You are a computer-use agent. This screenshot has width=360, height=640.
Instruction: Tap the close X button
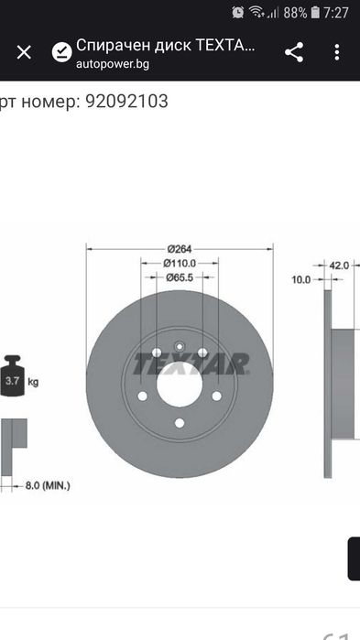24,53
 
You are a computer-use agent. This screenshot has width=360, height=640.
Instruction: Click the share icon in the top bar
294,52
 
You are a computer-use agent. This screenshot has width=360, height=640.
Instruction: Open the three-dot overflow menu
337,52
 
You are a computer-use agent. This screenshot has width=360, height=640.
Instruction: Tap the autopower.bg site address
113,64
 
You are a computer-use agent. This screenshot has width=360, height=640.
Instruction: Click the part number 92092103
126,102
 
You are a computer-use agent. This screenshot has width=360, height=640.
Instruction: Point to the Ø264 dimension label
180,248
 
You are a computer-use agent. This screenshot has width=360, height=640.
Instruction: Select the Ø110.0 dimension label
180,264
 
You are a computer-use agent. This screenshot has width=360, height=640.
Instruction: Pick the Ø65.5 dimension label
180,277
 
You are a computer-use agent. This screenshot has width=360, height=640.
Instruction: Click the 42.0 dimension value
339,266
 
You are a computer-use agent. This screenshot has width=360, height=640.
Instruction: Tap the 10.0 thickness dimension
301,279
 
